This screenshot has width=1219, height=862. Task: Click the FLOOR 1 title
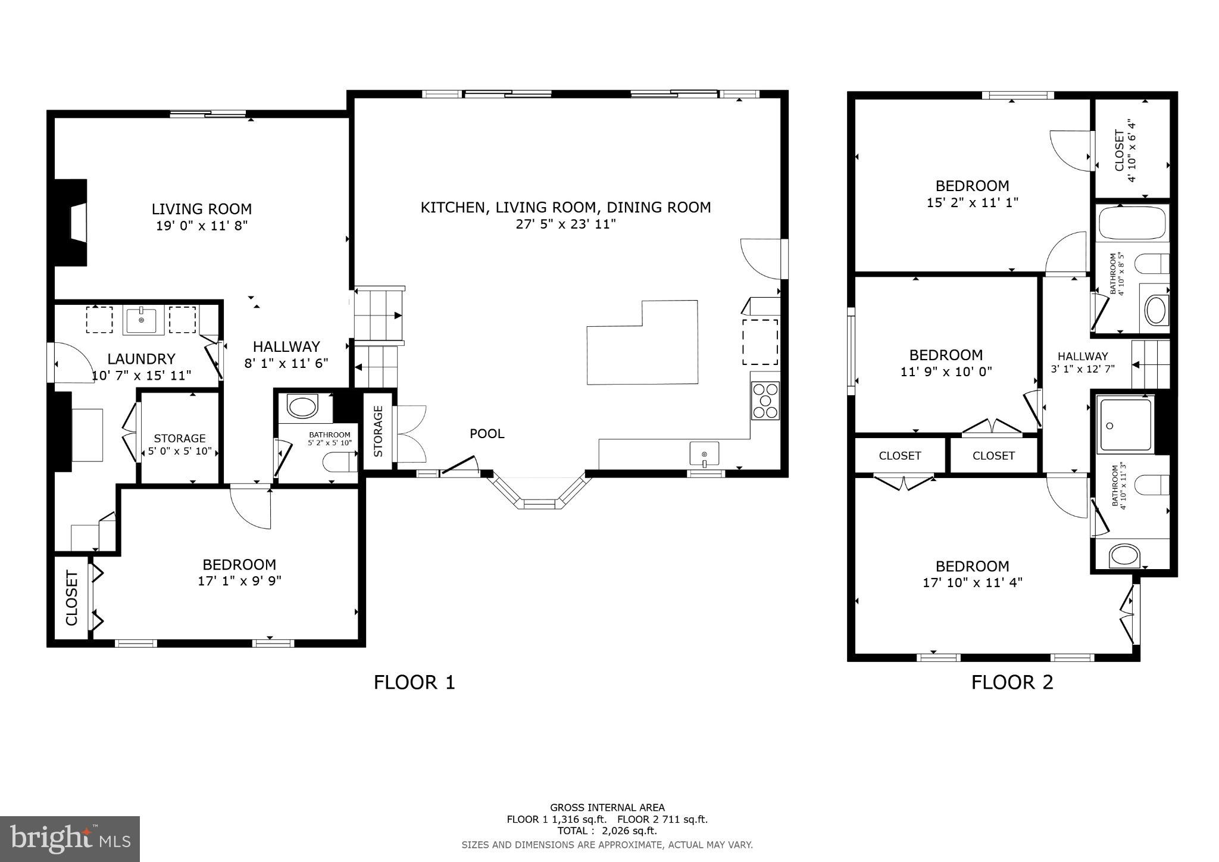point(414,682)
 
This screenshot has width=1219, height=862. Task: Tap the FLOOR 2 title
point(1012,682)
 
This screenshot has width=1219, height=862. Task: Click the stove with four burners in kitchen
point(765,400)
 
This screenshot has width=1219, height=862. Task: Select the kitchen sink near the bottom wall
point(704,454)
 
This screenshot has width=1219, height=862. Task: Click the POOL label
point(487,434)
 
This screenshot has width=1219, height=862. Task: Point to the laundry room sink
point(141,320)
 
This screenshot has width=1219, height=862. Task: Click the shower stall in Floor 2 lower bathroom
point(1125,424)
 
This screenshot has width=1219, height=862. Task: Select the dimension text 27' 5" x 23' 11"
point(565,224)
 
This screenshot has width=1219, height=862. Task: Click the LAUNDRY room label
point(141,359)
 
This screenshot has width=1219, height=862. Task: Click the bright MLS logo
point(70,839)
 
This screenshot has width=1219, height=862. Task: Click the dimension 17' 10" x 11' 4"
point(972,583)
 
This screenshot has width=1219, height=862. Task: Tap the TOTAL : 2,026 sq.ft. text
point(607,830)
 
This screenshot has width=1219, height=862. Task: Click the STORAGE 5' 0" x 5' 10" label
point(179,444)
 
